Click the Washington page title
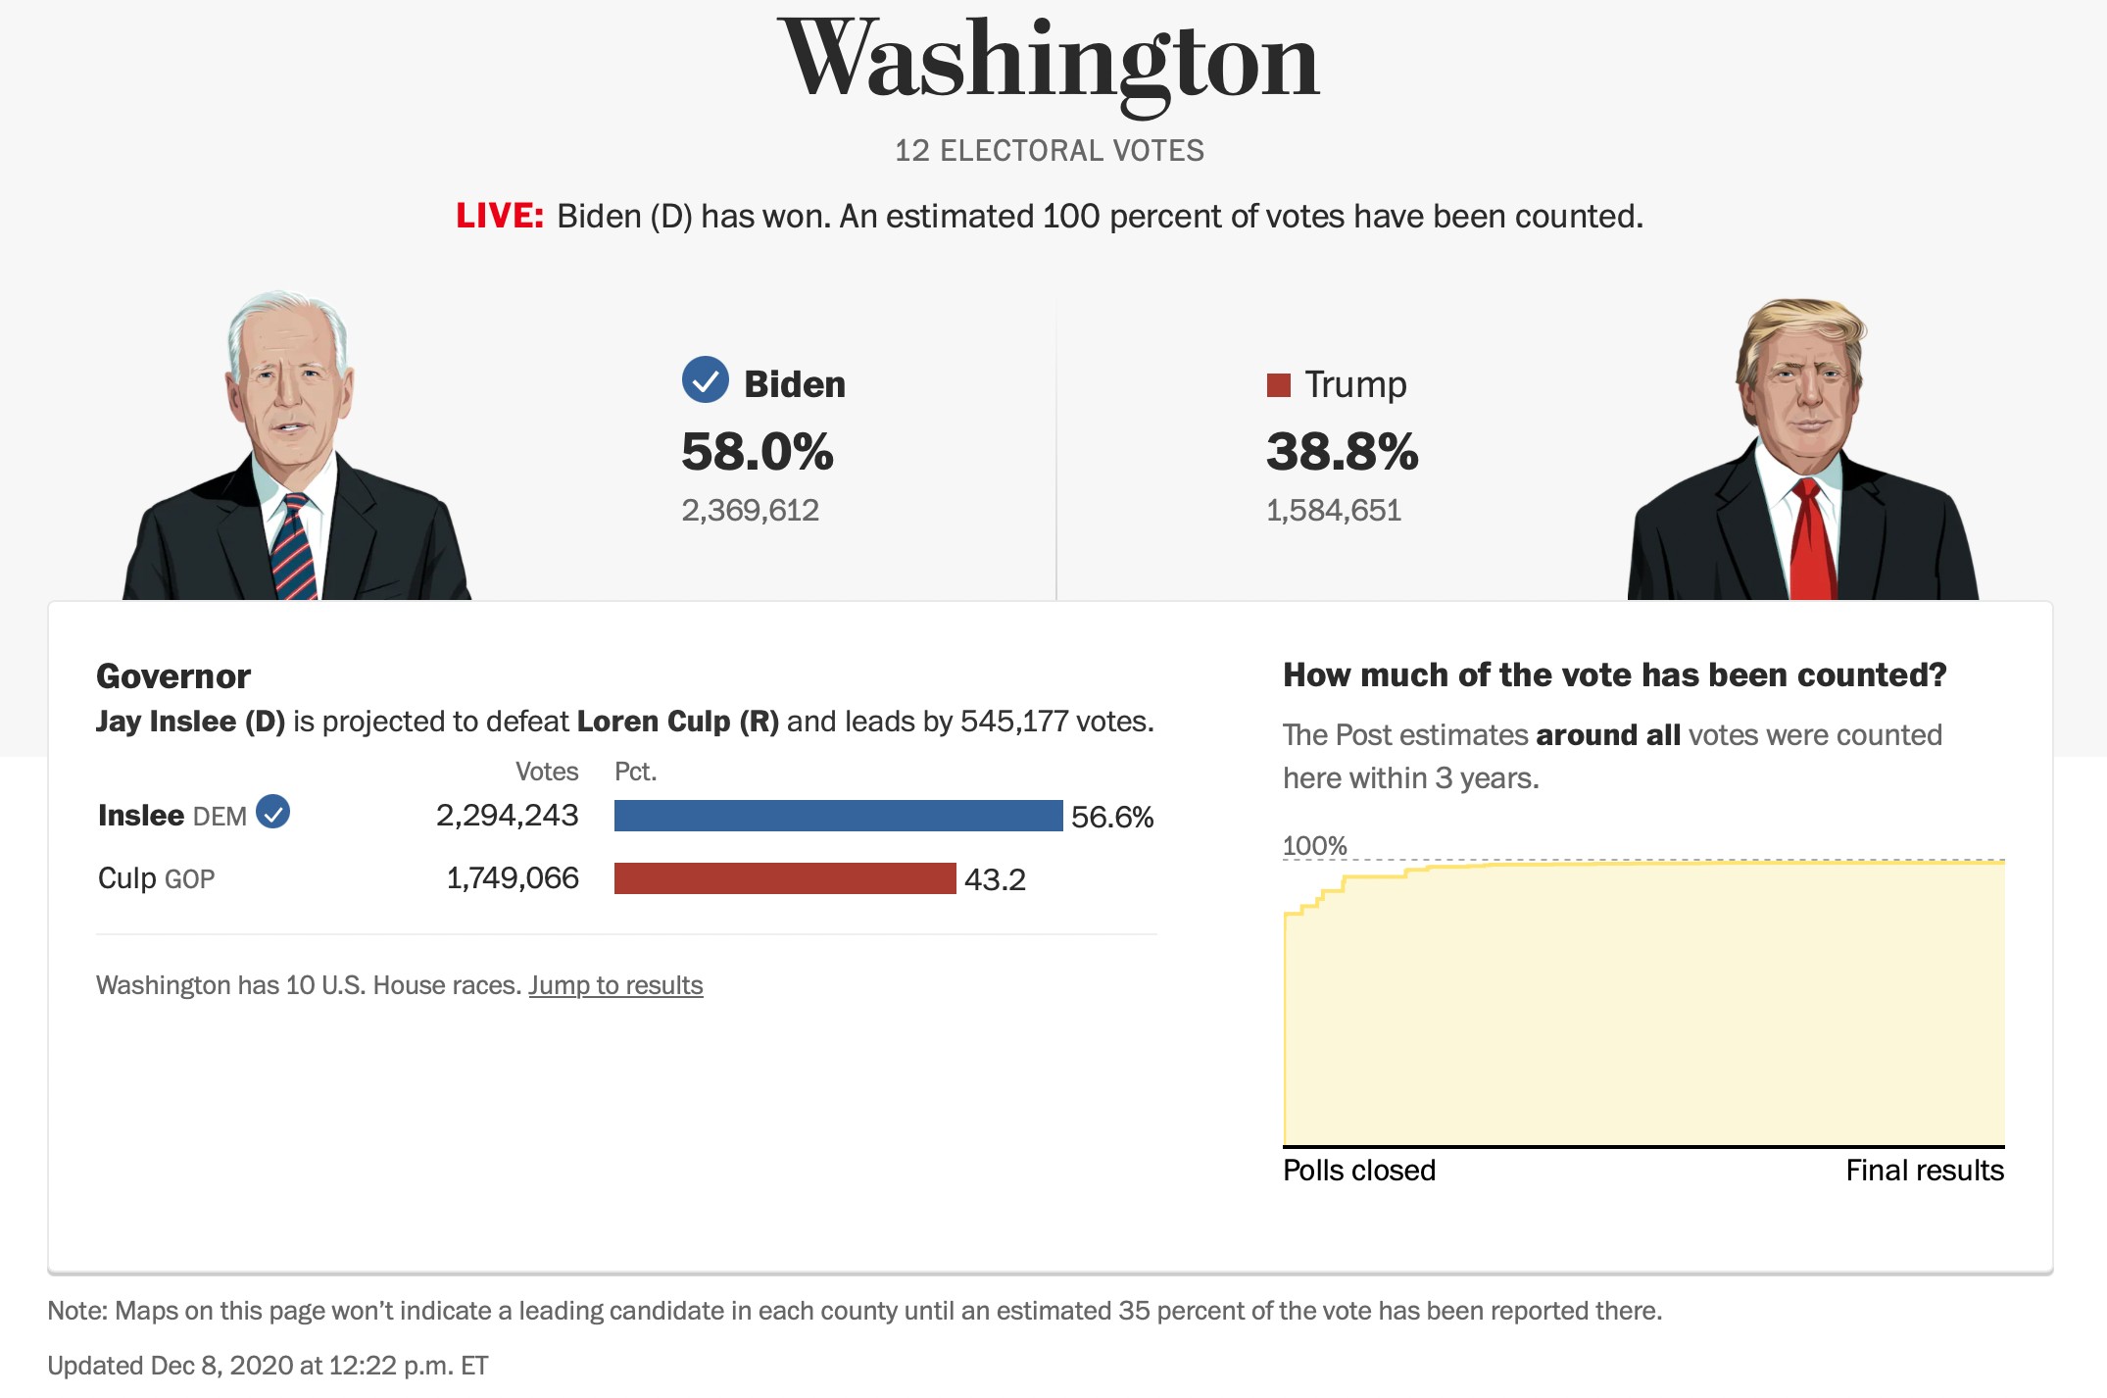(x=1049, y=61)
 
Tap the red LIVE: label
(x=499, y=216)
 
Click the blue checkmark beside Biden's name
(x=705, y=380)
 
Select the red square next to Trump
(x=1278, y=384)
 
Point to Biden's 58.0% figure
(x=757, y=452)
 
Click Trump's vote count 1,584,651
(x=1333, y=510)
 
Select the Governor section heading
(x=173, y=675)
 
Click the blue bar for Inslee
(x=838, y=816)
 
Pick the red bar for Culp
(x=784, y=878)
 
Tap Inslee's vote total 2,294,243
(x=507, y=815)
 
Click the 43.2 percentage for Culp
(x=995, y=879)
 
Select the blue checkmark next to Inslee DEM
(x=272, y=812)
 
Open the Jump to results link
(x=615, y=984)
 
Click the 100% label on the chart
(x=1314, y=845)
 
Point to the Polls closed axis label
(x=1359, y=1170)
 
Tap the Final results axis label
(x=1924, y=1170)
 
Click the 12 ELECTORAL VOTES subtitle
(x=1049, y=150)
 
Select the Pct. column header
(x=635, y=772)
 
